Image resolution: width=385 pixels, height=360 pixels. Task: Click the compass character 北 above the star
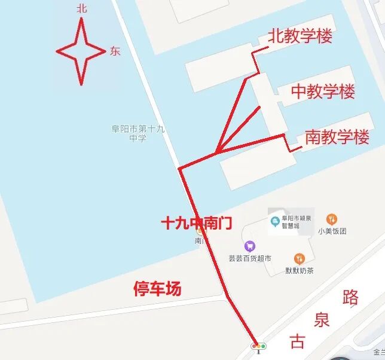(82, 8)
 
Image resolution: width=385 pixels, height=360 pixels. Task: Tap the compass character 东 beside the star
(115, 51)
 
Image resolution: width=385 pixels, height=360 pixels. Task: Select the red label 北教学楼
(300, 36)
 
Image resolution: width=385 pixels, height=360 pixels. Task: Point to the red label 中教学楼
(323, 91)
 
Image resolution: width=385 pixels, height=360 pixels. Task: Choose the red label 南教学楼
(337, 137)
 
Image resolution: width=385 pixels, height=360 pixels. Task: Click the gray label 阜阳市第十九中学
(137, 133)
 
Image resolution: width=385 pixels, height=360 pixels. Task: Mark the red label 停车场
(157, 289)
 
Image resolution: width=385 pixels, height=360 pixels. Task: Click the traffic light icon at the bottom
(259, 346)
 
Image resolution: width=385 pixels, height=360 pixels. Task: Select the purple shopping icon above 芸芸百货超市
(249, 246)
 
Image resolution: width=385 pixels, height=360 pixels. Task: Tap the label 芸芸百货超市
(250, 259)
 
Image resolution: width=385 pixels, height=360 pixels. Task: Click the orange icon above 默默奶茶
(300, 259)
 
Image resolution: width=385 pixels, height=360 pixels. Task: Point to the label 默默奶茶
(300, 271)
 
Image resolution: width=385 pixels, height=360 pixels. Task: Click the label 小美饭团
(332, 231)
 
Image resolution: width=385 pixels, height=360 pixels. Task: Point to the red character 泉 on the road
(322, 320)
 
